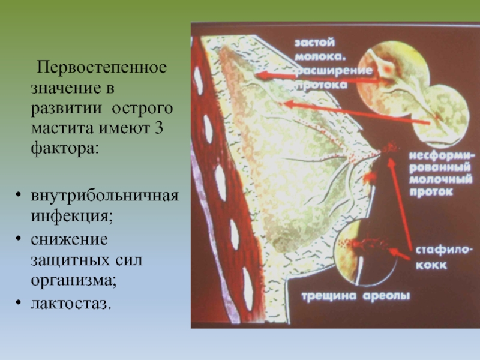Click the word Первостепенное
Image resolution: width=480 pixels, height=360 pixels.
101,68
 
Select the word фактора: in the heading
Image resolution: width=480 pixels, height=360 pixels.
65,149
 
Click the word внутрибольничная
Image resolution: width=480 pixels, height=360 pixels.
104,196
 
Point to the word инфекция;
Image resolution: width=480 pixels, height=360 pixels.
71,217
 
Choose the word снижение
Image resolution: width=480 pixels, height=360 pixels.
69,239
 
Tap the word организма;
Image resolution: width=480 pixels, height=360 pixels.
73,281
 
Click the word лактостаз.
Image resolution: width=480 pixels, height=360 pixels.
71,304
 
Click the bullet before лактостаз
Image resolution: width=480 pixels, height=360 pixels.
19,303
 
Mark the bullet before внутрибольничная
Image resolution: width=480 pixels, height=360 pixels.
19,195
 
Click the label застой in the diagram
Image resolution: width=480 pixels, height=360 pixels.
314,42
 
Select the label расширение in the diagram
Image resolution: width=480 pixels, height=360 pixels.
334,71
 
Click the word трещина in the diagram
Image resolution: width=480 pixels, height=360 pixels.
329,296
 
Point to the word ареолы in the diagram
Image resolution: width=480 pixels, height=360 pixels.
386,296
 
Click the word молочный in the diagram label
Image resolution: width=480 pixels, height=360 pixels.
440,179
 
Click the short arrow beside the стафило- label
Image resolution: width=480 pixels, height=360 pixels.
399,254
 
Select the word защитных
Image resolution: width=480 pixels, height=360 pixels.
70,260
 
